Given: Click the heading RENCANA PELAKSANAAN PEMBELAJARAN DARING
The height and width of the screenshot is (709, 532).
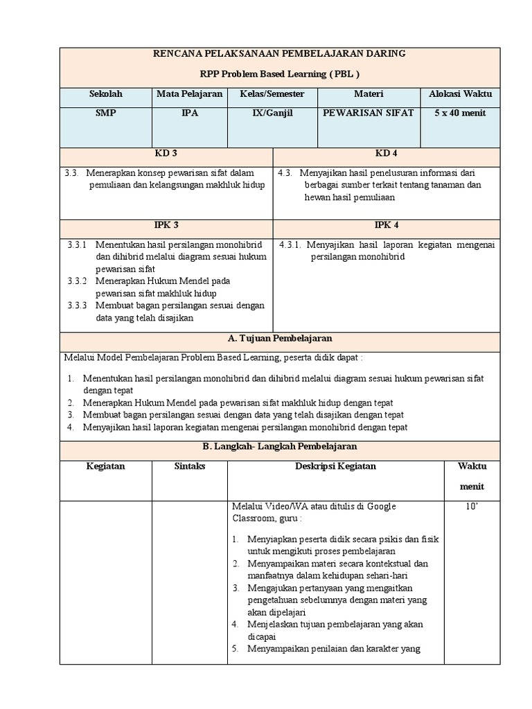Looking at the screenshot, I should [279, 53].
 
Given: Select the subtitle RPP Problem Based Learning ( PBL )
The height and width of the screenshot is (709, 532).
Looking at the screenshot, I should [279, 74].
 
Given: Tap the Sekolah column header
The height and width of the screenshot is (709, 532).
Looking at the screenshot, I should [105, 94].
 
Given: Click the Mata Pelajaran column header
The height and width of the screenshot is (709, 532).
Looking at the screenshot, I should [189, 94].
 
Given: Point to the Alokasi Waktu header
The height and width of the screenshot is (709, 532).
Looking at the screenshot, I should [460, 94].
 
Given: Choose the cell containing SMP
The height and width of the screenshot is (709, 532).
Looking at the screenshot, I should [105, 113].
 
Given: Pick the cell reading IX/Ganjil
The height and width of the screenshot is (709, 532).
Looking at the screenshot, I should [272, 113].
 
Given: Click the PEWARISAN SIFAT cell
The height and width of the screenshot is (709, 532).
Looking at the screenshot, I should [369, 113].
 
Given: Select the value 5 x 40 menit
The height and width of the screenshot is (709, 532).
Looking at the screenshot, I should [460, 113].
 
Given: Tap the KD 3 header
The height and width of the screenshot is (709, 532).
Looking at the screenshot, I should [166, 154].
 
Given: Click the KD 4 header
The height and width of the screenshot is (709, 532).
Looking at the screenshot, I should [386, 154].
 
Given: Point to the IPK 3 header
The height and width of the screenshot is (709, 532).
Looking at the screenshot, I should [166, 225].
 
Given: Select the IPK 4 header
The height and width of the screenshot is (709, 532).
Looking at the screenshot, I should [386, 225].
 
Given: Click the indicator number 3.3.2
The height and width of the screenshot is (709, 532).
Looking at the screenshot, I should [78, 281].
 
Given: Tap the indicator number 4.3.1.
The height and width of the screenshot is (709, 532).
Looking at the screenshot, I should [290, 244].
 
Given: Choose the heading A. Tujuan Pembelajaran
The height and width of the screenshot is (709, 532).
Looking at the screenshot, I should [279, 339].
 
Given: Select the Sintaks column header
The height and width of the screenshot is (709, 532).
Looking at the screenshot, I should [189, 467].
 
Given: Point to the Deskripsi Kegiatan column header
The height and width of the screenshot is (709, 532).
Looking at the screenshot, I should [335, 467].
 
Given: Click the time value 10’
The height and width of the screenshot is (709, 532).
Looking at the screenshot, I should [472, 507].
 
